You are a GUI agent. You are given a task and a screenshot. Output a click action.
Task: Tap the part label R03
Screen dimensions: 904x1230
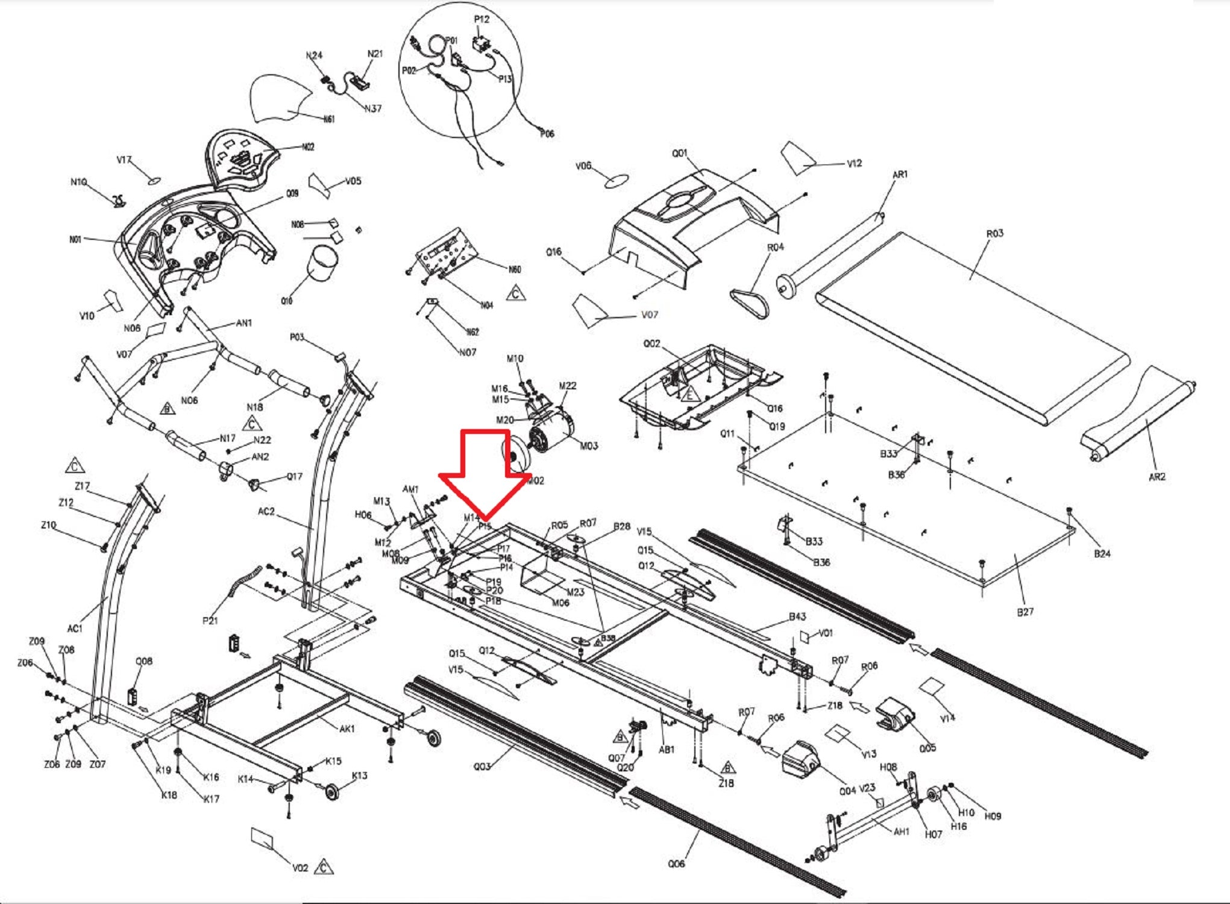[x=994, y=233]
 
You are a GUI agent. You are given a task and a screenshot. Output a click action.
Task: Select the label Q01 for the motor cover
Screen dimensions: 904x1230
[x=680, y=153]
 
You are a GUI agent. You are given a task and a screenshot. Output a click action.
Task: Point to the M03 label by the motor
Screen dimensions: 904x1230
[x=589, y=445]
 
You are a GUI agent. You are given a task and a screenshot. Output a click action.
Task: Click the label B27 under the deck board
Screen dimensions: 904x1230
[x=1025, y=612]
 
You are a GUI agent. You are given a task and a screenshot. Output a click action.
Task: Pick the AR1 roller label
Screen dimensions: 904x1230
[x=900, y=174]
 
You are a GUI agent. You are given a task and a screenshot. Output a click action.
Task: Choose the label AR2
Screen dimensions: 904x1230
[x=1157, y=477]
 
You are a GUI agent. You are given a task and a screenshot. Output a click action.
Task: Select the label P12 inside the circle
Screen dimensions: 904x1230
[x=482, y=19]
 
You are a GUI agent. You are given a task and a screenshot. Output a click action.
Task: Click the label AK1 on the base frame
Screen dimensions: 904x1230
[x=347, y=729]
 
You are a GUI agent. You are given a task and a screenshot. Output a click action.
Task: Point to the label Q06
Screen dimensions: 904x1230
[x=676, y=864]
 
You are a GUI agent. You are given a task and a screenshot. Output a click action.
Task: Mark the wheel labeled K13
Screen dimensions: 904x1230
[x=331, y=791]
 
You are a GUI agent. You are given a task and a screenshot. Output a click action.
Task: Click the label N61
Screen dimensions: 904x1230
[x=329, y=119]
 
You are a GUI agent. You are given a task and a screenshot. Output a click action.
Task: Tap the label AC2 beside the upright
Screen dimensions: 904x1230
[x=266, y=512]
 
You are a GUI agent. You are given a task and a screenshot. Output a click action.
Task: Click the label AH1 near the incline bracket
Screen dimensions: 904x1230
[x=902, y=832]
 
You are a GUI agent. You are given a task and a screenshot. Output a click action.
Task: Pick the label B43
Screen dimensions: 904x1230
[x=797, y=617]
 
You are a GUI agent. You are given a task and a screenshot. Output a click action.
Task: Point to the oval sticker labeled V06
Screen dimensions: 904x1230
[x=616, y=181]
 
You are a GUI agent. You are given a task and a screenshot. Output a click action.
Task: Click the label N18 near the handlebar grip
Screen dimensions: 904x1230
[x=254, y=407]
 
